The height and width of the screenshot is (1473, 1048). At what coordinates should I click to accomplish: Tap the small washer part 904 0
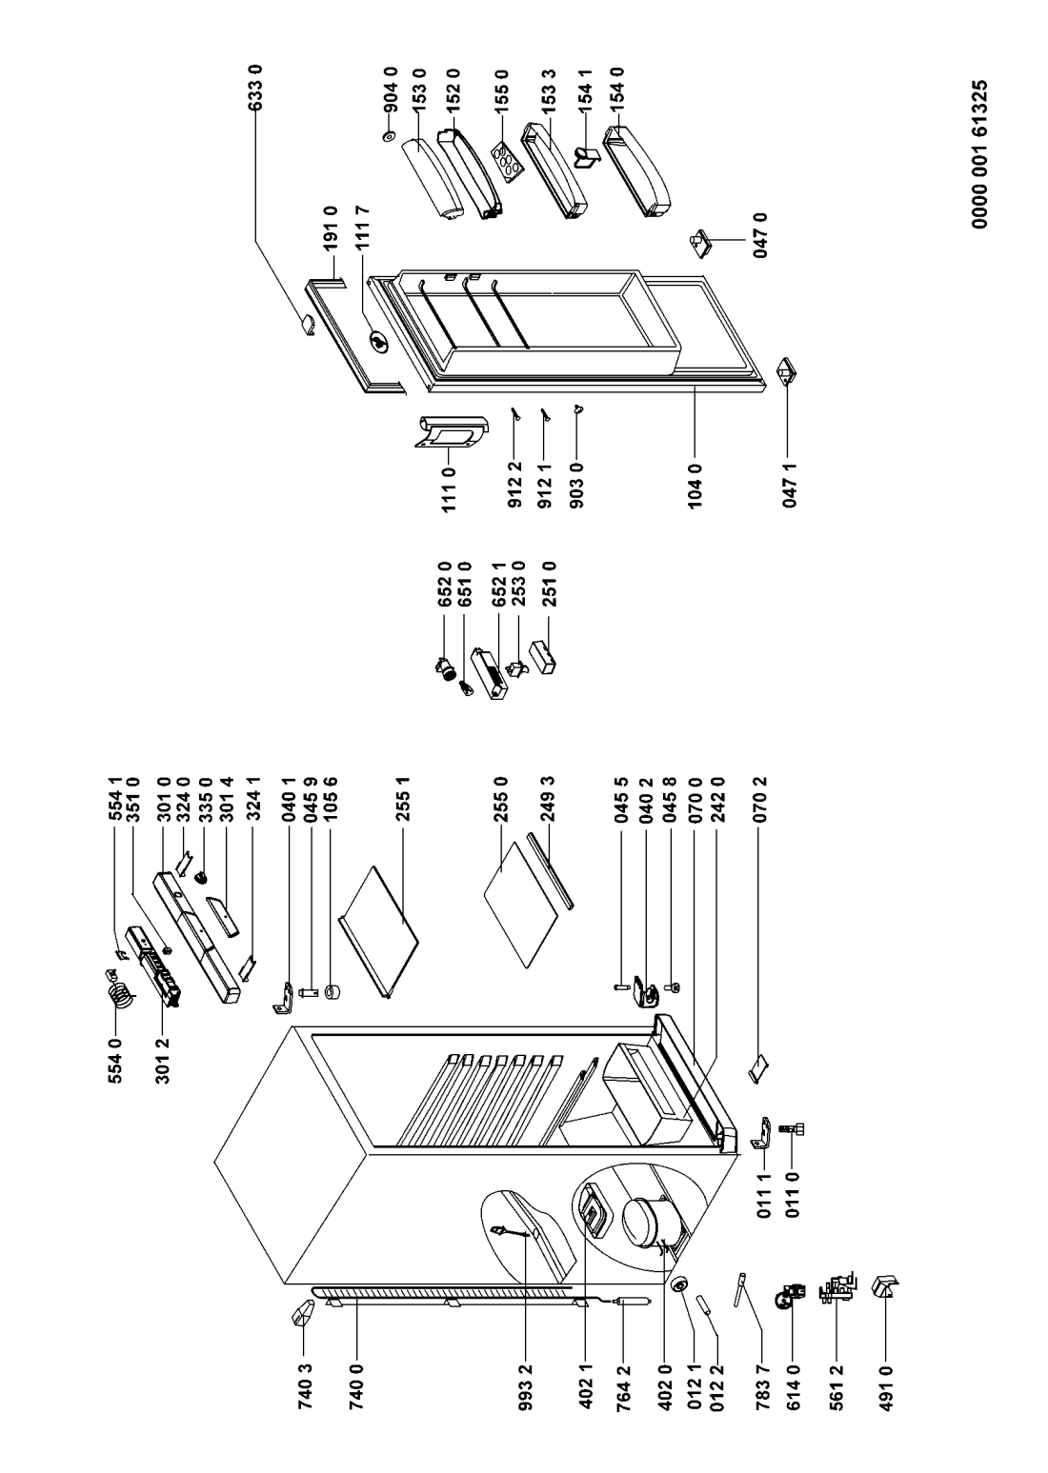390,137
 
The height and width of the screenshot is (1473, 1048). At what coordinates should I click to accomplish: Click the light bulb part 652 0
443,668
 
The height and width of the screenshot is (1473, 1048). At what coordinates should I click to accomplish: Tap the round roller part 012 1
679,1284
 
